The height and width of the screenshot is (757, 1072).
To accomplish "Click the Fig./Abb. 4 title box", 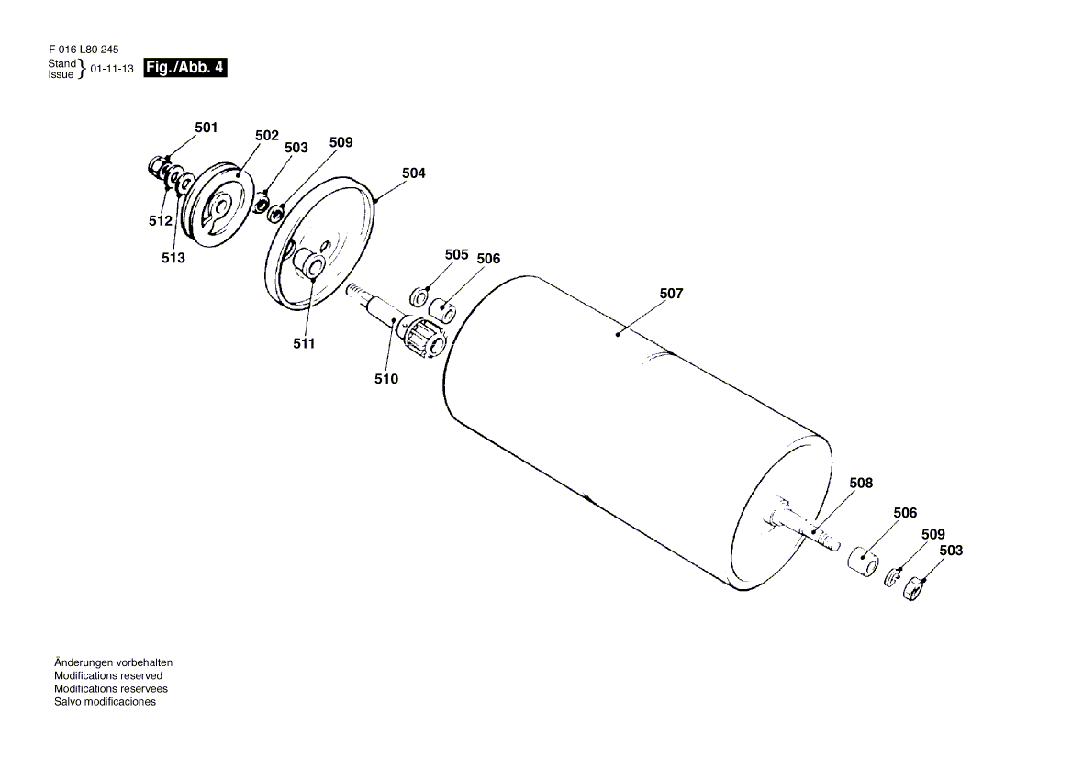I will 185,68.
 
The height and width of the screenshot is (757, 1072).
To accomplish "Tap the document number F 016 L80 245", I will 83,50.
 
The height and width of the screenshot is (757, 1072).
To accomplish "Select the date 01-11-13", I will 112,69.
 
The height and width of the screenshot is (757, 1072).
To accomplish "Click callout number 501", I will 206,128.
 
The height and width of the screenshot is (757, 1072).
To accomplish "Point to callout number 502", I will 266,135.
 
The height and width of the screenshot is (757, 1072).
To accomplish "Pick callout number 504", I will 413,173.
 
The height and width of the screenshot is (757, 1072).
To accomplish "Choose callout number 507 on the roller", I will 671,294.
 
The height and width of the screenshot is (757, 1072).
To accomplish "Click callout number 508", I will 861,483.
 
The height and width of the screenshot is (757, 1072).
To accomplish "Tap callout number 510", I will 386,378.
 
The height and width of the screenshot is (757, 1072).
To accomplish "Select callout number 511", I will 304,343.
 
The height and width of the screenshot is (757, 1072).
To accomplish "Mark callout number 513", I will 173,258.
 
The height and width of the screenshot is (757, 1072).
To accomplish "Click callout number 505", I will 456,254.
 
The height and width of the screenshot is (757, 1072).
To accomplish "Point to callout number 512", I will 161,221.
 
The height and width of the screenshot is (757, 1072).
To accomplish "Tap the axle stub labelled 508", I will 808,529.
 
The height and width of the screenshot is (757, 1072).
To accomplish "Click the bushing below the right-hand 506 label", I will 862,559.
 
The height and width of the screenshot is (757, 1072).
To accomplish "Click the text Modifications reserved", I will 108,675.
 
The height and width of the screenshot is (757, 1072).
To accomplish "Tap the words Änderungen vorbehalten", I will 113,662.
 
